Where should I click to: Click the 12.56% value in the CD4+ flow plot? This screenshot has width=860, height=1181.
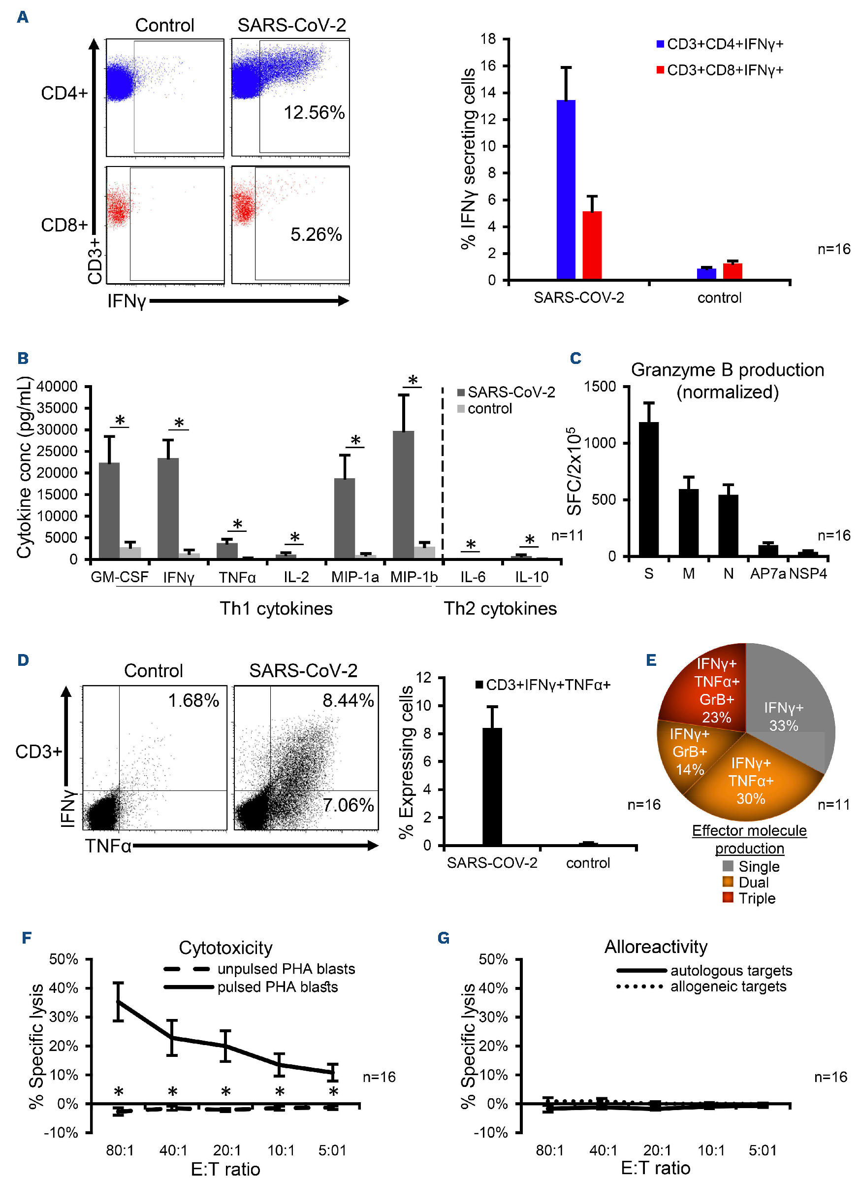click(314, 112)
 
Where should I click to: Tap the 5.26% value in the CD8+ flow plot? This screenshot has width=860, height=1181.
click(316, 234)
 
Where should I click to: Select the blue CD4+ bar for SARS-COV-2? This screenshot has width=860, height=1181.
click(566, 190)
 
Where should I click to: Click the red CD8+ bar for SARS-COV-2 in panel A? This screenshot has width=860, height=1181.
click(592, 245)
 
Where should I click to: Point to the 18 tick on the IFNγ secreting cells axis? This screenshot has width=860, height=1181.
click(488, 39)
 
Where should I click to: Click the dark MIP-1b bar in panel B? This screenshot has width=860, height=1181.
click(404, 494)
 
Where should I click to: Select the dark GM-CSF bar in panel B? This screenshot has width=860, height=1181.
click(109, 510)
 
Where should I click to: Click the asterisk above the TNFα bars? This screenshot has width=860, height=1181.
click(238, 525)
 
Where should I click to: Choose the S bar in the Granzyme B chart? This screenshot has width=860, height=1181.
click(649, 489)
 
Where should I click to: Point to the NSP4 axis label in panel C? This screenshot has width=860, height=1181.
click(808, 573)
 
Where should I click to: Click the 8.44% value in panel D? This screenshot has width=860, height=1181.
click(348, 700)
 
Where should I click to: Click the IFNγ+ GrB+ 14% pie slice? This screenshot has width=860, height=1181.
click(688, 753)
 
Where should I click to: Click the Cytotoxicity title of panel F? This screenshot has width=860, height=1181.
click(225, 948)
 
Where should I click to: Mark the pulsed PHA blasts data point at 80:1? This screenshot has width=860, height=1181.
click(119, 1001)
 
